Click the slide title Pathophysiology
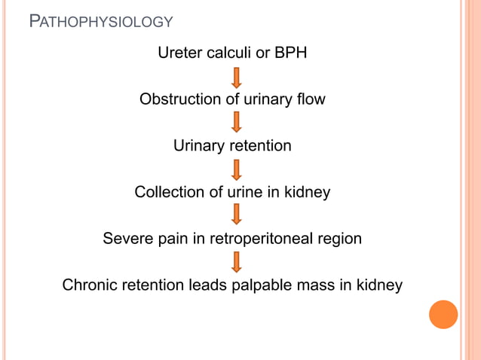(100, 21)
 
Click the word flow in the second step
(311, 99)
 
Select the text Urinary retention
(232, 146)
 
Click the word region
(337, 239)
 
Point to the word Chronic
(90, 285)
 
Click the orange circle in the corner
(443, 314)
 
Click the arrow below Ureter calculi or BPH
(236, 77)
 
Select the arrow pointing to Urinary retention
(236, 123)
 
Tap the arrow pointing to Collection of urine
(236, 169)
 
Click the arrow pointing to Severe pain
(236, 215)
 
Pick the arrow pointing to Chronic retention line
(236, 262)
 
